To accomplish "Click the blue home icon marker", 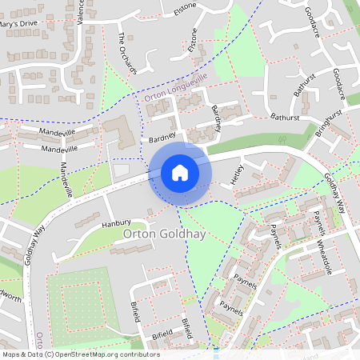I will pos(180,172).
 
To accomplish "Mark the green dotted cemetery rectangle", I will pos(78,303).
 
